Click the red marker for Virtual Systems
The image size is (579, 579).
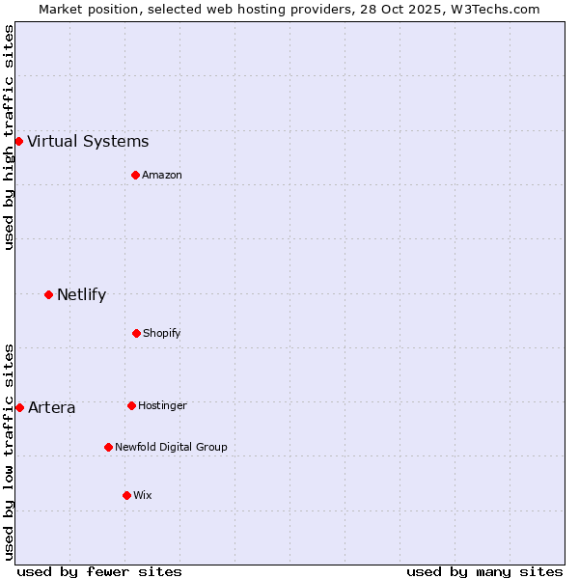(18, 141)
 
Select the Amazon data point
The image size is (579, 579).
(135, 175)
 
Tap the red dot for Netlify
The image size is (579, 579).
(48, 294)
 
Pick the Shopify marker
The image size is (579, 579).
(136, 333)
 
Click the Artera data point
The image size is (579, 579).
(19, 407)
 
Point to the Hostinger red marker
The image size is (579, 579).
(131, 405)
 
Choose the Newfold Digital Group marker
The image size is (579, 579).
(108, 447)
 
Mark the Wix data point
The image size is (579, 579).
(126, 495)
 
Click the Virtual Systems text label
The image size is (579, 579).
(88, 142)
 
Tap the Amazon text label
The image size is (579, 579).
(162, 175)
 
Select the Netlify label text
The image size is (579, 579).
(81, 295)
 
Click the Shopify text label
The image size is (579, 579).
(162, 333)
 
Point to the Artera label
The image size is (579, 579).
(51, 408)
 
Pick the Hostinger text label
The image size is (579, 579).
(162, 405)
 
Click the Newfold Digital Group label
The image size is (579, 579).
(171, 447)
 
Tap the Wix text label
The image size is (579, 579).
(143, 495)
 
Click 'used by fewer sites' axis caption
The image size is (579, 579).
(99, 571)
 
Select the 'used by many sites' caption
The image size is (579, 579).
(484, 571)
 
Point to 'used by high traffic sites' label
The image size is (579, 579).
(9, 137)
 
